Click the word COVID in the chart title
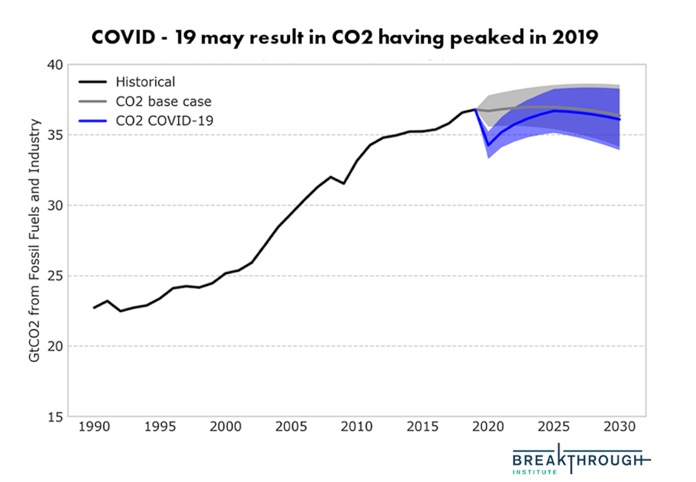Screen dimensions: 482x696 tap(123, 37)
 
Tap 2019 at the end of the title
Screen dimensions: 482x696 tap(575, 37)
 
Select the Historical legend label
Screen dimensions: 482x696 tap(145, 82)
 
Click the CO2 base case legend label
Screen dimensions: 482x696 tap(163, 102)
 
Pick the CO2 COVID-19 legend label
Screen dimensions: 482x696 tap(164, 121)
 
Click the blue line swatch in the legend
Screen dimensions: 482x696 tap(92, 121)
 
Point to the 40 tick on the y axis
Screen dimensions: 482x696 tap(55, 65)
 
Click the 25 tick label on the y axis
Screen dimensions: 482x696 tap(55, 276)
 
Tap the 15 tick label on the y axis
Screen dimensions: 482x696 tap(55, 417)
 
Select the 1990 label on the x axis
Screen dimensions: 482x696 tap(94, 427)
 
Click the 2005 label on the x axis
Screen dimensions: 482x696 tap(291, 427)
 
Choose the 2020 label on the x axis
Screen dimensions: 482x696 tap(488, 427)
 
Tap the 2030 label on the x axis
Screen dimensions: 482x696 tap(619, 427)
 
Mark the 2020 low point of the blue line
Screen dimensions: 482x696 tap(488, 146)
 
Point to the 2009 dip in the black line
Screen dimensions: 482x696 tap(344, 184)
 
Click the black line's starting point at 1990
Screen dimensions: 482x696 tap(94, 308)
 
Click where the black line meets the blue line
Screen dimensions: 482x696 tap(475, 109)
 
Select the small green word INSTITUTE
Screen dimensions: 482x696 tap(535, 472)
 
